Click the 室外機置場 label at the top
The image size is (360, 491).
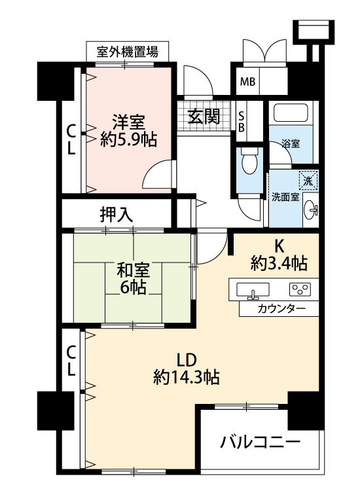(127, 52)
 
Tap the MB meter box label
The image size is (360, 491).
(247, 82)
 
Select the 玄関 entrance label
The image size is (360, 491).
(204, 117)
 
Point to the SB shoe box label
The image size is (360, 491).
(242, 122)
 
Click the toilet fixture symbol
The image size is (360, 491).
(249, 161)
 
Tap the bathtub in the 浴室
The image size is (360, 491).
(291, 113)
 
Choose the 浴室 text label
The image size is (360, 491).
(291, 144)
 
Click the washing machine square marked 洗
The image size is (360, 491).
(308, 181)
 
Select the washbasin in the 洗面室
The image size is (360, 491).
(310, 209)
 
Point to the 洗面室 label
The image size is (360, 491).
(285, 197)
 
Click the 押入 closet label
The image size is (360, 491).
(116, 215)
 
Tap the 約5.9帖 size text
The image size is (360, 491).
(128, 139)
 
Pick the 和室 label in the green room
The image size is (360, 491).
(133, 271)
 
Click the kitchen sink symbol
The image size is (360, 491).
(252, 289)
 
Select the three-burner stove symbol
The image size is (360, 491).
(300, 289)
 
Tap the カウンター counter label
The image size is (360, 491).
(281, 309)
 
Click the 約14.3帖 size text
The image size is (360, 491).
(187, 377)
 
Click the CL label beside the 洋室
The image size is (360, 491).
(71, 139)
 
